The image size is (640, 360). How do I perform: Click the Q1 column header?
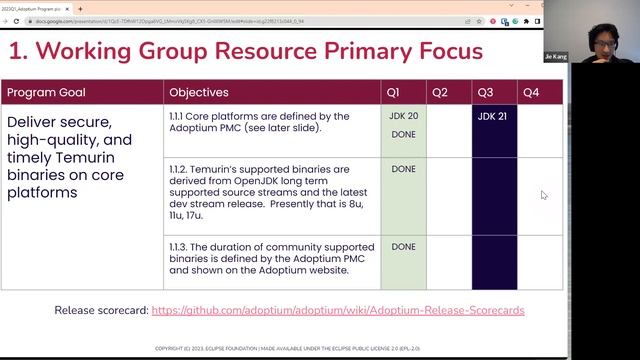tap(393, 92)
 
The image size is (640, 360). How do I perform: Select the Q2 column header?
tap(439, 92)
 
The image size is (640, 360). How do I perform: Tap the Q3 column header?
tap(485, 92)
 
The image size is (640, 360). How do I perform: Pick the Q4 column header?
tap(530, 92)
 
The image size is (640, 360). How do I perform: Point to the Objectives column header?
tap(198, 92)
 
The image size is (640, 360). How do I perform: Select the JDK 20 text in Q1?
tap(403, 116)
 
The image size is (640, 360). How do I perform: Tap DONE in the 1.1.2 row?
tap(403, 169)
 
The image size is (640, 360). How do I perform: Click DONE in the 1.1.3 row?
tap(403, 246)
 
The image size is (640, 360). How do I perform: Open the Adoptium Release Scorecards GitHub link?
tap(338, 310)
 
